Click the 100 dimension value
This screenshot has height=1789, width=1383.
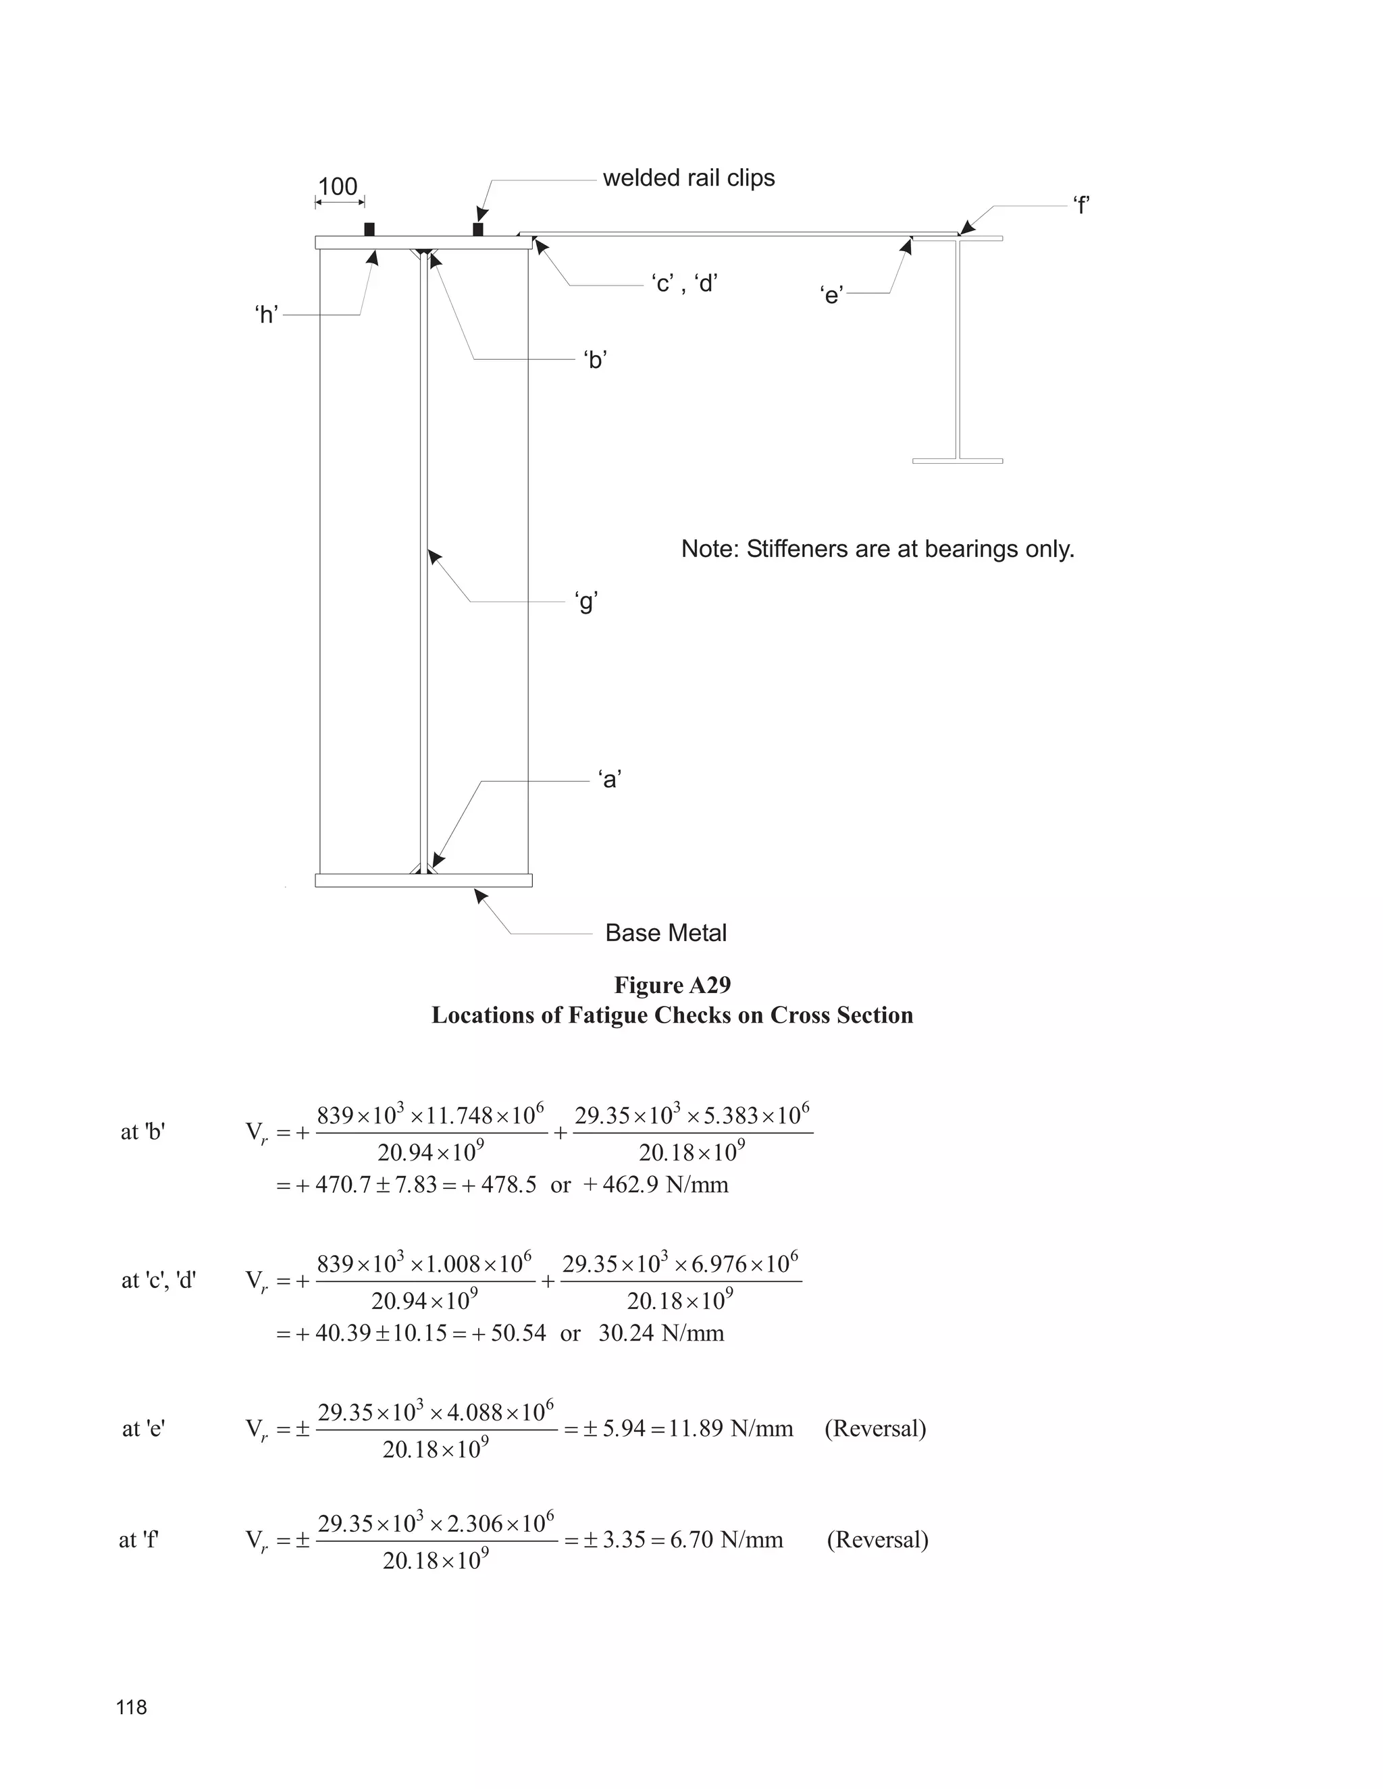[338, 187]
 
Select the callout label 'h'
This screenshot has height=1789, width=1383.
[266, 315]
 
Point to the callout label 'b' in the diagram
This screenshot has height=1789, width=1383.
[595, 361]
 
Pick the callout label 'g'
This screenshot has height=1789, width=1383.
[587, 603]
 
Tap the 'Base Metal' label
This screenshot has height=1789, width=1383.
[665, 933]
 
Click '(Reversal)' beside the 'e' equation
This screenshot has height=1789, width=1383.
[875, 1428]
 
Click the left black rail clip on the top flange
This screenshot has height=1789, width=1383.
[369, 230]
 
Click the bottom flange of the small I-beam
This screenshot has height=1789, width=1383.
[957, 461]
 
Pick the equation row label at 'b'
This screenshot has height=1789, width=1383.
[142, 1132]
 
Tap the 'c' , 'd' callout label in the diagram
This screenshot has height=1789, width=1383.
[685, 284]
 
